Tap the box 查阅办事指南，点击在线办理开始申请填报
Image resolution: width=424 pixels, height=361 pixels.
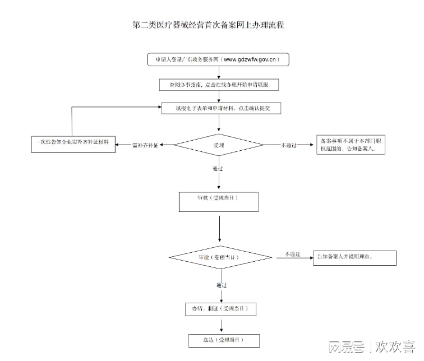[218, 85]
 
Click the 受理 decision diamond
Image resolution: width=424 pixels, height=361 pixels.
[218, 145]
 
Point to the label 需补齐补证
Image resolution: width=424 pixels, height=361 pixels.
[145, 146]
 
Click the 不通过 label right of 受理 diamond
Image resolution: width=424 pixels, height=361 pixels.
[289, 146]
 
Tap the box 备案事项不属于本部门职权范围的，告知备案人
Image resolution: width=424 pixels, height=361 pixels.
[351, 146]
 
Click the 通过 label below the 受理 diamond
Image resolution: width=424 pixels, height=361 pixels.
[218, 169]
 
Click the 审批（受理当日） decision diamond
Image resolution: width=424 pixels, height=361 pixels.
[218, 257]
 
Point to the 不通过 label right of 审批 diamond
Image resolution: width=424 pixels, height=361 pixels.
[292, 254]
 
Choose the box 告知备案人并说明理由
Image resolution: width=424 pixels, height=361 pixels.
[354, 257]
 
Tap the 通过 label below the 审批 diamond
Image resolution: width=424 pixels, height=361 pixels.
[222, 285]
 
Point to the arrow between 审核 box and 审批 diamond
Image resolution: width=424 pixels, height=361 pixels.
[219, 227]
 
